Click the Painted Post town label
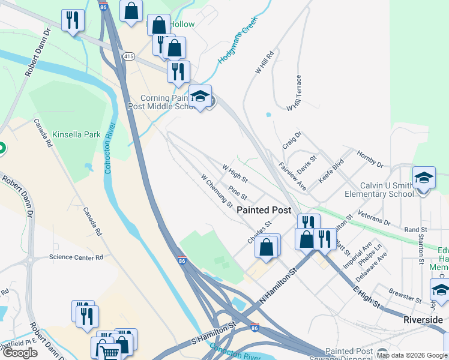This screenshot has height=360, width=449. pos(264,210)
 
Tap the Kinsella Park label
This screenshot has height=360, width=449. pos(76,134)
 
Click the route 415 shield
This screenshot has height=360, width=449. pos(128,56)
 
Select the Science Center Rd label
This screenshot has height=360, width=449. pos(76,257)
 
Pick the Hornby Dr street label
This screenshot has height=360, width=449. pos(370,159)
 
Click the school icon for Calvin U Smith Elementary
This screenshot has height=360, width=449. pos(424,178)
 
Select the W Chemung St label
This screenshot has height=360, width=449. pos(217,190)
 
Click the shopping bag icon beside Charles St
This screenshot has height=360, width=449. pos(267,246)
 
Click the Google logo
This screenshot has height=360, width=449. pos(20,353)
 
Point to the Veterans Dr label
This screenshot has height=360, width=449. pos(373,217)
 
